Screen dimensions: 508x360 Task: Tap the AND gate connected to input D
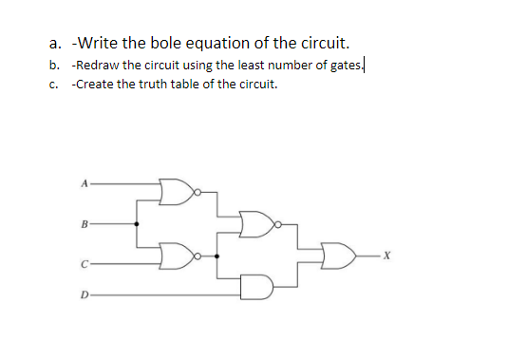coord(255,284)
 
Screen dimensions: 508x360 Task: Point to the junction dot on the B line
coord(138,225)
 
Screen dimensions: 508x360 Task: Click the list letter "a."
coord(55,43)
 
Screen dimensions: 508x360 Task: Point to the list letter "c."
coord(55,85)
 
